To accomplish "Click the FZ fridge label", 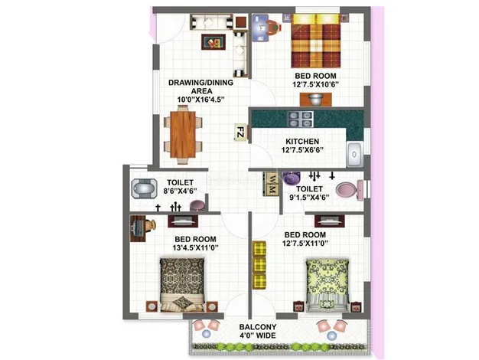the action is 240,133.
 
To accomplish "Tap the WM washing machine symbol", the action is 271,184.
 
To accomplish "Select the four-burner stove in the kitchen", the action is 300,119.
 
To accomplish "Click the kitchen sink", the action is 354,155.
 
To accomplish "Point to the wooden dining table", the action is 183,134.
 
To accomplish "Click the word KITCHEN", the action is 302,141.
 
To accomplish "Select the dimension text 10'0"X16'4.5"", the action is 201,100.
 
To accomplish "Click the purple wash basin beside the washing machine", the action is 291,178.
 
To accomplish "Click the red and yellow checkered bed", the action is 315,41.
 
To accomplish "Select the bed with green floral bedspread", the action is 327,285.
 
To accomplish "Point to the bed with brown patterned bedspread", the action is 182,285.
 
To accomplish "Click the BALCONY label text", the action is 258,327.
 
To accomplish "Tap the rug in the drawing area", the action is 213,42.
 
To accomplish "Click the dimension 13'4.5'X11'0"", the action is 196,247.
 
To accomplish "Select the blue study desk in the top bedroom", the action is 260,28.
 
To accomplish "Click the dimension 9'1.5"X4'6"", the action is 309,198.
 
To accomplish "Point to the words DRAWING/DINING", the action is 200,83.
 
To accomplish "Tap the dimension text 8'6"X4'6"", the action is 180,191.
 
